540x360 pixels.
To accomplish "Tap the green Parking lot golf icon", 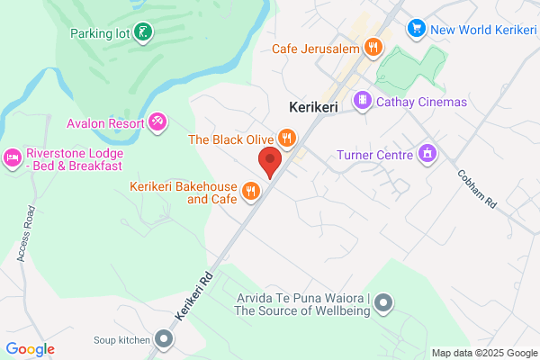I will [144, 33].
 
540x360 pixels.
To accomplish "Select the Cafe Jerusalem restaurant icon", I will [374, 48].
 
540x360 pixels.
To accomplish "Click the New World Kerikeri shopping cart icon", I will [416, 29].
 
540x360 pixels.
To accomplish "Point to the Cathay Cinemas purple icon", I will [363, 102].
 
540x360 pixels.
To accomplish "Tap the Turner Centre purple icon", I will [427, 154].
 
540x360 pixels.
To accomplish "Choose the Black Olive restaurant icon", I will [286, 139].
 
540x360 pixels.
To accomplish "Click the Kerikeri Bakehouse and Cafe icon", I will [250, 190].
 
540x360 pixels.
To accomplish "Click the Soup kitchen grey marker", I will [163, 339].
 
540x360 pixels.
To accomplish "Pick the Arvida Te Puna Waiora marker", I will [383, 302].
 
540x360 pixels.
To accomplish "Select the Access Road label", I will [26, 234].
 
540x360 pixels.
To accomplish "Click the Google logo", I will [30, 348].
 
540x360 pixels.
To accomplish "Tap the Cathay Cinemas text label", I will [422, 102].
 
